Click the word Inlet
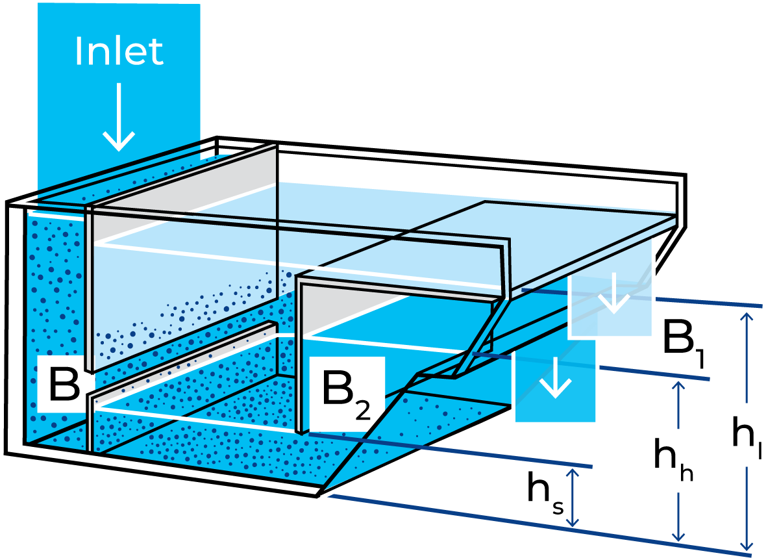pos(119,51)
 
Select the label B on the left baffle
pos(63,385)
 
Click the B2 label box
pos(347,393)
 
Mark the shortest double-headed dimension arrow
pos(572,497)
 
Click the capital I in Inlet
pos(79,51)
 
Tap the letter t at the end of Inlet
pos(157,52)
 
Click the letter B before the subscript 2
pos(338,389)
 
